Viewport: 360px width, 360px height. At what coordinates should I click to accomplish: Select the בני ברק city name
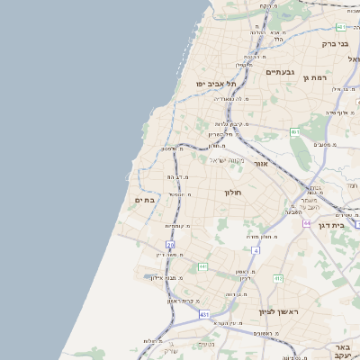(x=335, y=42)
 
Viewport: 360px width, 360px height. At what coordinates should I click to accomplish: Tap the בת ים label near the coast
(x=146, y=200)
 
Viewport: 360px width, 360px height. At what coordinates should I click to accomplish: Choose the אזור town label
(x=260, y=165)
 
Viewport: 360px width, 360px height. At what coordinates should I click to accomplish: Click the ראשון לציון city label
(x=278, y=311)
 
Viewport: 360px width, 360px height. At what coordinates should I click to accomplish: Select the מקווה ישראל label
(x=227, y=160)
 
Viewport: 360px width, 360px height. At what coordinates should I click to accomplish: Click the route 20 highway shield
(x=170, y=245)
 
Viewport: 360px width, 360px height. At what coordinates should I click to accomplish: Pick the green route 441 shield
(x=203, y=266)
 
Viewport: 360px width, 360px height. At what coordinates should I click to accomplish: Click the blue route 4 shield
(x=256, y=250)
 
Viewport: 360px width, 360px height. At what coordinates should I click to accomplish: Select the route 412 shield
(x=278, y=278)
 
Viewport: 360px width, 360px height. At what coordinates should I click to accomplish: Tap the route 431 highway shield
(x=204, y=314)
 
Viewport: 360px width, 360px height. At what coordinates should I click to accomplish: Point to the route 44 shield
(x=307, y=222)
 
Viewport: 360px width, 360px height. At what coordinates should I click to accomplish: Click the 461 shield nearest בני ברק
(x=340, y=27)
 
